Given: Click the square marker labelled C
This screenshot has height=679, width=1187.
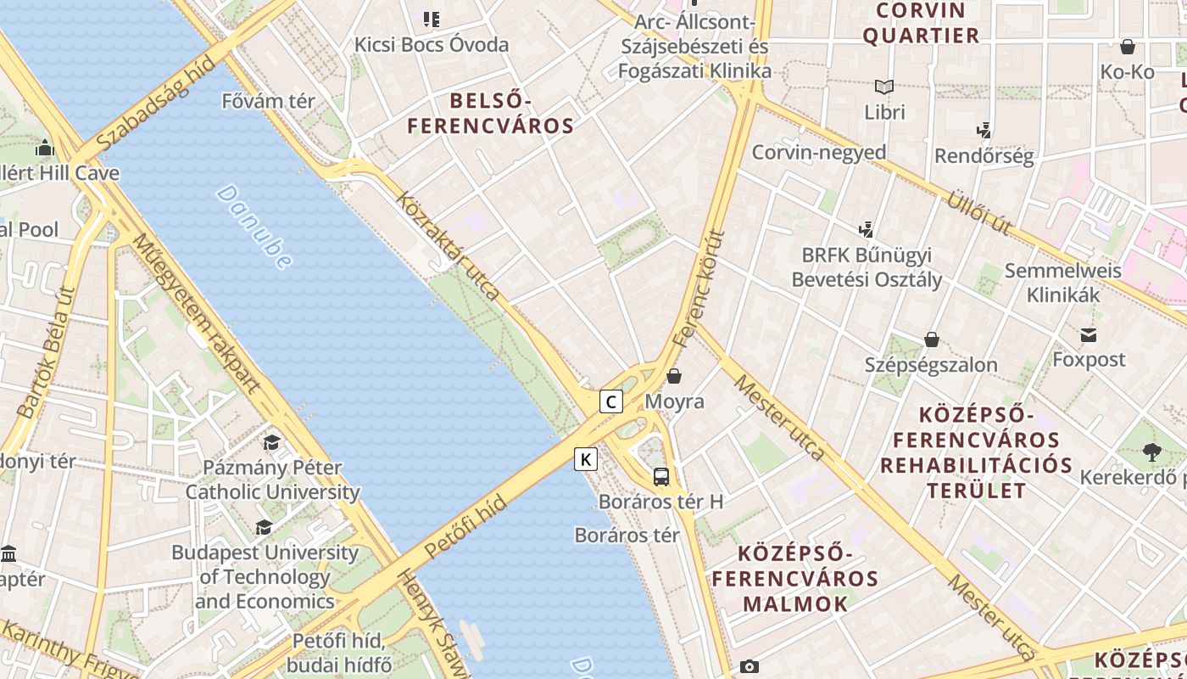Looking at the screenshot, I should (611, 401).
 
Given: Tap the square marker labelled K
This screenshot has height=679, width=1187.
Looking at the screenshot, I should (586, 459).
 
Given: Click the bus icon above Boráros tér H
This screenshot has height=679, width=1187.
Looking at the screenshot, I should (661, 476).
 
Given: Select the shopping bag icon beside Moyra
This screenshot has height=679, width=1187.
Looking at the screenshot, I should (674, 375).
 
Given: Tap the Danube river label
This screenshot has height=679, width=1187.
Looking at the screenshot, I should (254, 227).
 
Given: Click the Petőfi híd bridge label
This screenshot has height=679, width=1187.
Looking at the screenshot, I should (465, 527).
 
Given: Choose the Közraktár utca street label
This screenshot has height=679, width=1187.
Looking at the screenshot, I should (449, 246).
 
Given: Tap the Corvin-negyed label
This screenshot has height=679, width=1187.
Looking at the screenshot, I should (819, 153).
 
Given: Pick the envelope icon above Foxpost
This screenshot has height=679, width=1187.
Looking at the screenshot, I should (1089, 335).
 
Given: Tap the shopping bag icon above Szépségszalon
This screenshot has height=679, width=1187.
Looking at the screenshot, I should (932, 340).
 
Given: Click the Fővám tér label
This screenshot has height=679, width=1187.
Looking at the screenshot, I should (268, 101).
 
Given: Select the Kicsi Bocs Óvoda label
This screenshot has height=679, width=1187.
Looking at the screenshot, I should (432, 44).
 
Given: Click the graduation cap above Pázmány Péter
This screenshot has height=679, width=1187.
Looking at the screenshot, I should (271, 442).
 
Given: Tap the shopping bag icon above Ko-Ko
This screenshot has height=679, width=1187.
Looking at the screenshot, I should (1128, 47).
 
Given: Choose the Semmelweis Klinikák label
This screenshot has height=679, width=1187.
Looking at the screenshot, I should (1062, 283).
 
